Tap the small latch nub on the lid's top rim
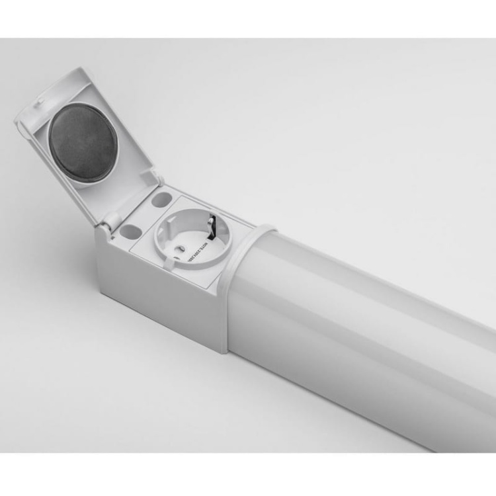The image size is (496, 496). click(40, 101)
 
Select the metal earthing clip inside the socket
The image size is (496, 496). click(213, 228)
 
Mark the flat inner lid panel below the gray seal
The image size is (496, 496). click(112, 188)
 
